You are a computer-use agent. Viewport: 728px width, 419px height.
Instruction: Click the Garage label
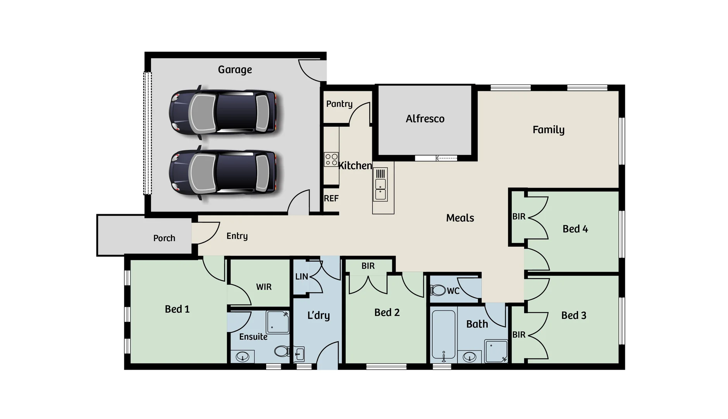pos(235,70)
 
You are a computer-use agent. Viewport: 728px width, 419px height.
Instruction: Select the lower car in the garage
pos(223,173)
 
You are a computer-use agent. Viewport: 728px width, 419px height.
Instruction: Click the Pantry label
pos(339,104)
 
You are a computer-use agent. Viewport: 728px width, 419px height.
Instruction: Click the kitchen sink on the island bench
pos(380,189)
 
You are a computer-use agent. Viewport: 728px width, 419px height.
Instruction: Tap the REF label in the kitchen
pos(331,199)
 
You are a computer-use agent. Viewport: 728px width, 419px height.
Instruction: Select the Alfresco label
pos(425,119)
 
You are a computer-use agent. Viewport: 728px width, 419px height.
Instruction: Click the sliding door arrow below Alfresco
pos(446,158)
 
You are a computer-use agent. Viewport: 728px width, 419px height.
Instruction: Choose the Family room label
pos(548,130)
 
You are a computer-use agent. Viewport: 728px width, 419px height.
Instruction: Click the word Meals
pos(460,218)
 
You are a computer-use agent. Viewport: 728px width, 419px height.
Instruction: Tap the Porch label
pos(164,238)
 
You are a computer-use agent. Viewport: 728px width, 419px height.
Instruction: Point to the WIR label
pos(264,287)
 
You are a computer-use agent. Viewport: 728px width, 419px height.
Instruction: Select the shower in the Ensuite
pos(277,322)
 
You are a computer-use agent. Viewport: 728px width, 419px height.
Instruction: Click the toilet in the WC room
pos(438,290)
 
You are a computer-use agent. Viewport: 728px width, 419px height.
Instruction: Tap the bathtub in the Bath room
pos(444,334)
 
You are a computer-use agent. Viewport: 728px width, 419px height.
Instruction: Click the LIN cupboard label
pos(301,277)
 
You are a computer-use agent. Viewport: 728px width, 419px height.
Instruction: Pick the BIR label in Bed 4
pos(519,217)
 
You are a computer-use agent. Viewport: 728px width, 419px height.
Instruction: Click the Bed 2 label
pos(387,313)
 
